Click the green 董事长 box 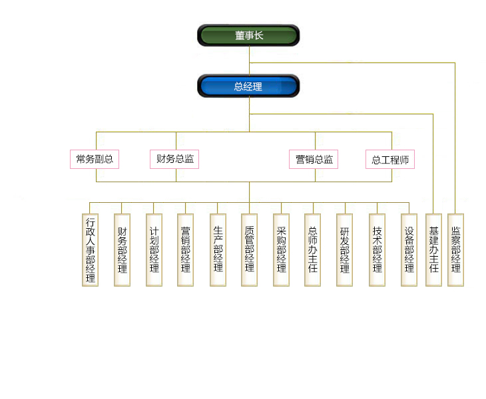coord(248,35)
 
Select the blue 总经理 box coord(248,86)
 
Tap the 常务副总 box coord(95,159)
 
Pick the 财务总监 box coord(175,159)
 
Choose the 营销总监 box coord(314,159)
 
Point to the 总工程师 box coord(390,159)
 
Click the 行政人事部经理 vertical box coord(91,249)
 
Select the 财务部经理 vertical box coord(122,249)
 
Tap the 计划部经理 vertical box coord(154,249)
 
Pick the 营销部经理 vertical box coord(186,249)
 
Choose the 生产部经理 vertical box coord(218,249)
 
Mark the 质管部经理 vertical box coord(250,249)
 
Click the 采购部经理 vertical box coord(282,249)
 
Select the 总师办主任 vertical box coord(313,249)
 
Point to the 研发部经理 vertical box coord(345,249)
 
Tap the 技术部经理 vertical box coord(377,249)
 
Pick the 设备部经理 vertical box coord(409,249)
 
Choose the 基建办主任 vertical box coord(433,249)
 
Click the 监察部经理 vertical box coord(456,249)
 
